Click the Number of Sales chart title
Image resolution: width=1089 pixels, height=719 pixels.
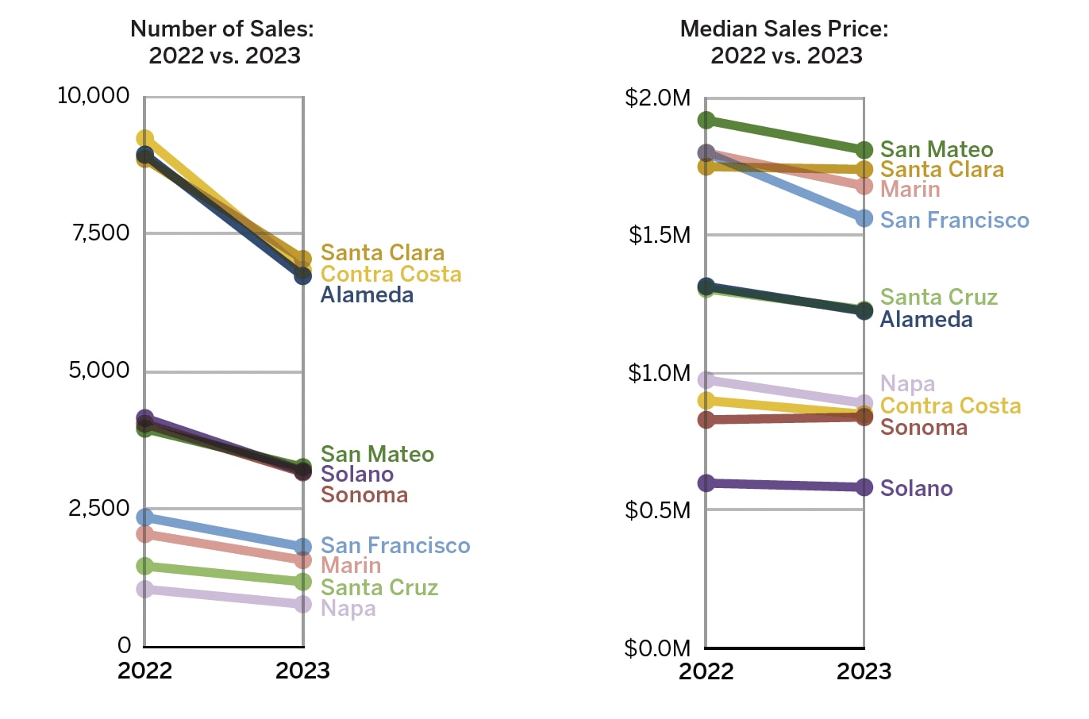tap(222, 42)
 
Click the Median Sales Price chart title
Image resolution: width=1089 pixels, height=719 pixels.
tap(784, 42)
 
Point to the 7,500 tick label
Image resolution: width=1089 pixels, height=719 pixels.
tap(101, 233)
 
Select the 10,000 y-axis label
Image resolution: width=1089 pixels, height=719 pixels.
tap(93, 95)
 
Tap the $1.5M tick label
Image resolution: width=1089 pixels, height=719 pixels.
tap(659, 235)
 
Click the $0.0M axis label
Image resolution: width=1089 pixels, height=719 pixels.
tap(657, 648)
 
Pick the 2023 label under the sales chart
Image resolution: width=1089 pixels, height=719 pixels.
tap(302, 671)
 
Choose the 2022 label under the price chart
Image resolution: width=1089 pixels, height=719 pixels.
tap(706, 671)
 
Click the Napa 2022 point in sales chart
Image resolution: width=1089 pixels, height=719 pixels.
tap(144, 589)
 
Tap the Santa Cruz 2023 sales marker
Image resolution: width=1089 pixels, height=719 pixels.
tap(302, 582)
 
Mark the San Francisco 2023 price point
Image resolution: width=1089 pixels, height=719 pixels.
tap(864, 218)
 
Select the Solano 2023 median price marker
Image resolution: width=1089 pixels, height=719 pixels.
tap(864, 487)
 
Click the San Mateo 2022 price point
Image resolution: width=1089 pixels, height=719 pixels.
tap(706, 120)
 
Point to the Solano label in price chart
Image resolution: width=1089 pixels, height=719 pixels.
tap(916, 488)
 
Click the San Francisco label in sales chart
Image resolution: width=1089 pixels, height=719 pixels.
tap(395, 546)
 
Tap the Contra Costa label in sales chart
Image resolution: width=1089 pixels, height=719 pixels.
tap(391, 274)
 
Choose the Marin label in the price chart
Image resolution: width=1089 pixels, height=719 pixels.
tap(910, 190)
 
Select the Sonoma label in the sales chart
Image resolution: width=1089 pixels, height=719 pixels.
tap(364, 495)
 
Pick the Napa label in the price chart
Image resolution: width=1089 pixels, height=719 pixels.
tap(907, 384)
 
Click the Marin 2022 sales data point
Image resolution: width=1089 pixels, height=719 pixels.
tap(144, 534)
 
